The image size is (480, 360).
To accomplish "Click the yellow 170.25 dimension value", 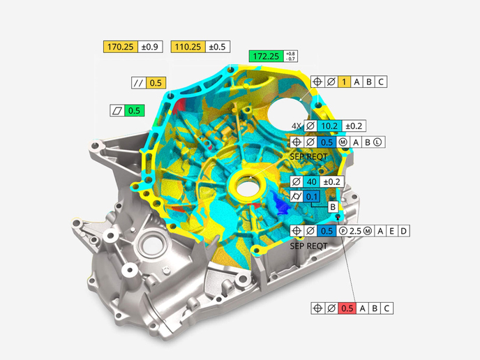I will [121, 47].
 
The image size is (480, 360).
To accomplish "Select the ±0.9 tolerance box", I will [151, 47].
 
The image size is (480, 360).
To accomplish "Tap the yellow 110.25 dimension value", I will [188, 47].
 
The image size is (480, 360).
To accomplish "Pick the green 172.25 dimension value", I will [265, 56].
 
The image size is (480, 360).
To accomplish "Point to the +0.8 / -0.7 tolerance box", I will [290, 56].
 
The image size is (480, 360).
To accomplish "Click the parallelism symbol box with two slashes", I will [139, 82].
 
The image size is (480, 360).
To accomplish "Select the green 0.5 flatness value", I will [135, 110].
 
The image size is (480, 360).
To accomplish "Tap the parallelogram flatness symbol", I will [117, 110].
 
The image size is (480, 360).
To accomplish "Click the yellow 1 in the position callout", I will [344, 82].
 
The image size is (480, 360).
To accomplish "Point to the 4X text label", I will [297, 126].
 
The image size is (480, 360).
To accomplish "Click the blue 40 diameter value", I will [312, 181].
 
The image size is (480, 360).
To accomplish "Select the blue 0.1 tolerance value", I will [312, 197].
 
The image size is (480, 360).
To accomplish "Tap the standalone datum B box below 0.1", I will [333, 207].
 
